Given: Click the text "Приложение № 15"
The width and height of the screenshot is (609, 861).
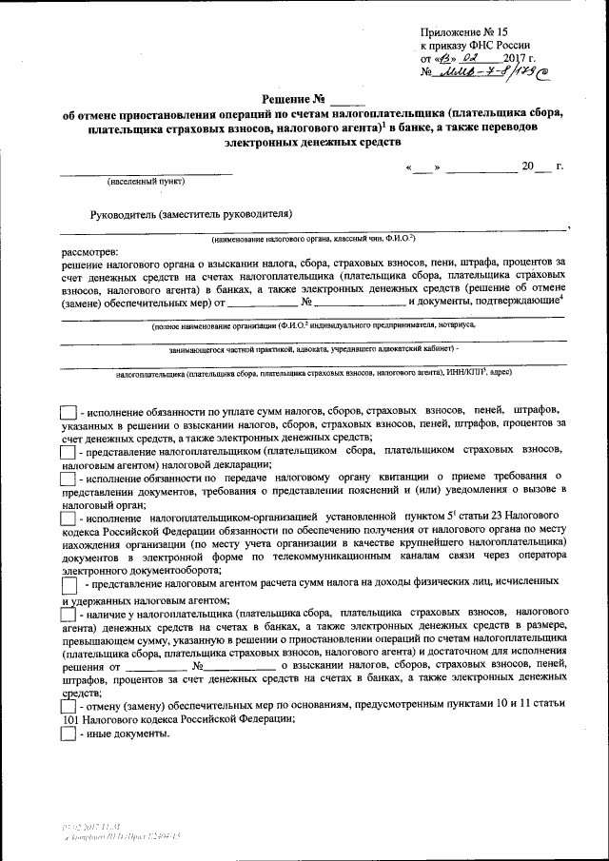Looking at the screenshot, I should click(x=463, y=31).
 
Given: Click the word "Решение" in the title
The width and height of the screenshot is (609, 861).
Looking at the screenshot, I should click(x=286, y=98).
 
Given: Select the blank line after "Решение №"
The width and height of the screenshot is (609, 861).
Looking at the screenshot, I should click(x=349, y=100).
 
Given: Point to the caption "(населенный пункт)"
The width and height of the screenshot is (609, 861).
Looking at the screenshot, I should click(x=146, y=180).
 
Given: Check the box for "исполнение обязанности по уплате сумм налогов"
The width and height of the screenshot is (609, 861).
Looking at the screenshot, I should click(x=68, y=411).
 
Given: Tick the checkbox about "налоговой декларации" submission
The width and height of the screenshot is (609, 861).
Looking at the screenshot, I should click(x=68, y=455).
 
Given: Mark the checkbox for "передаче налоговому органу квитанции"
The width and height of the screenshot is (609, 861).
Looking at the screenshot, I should click(x=68, y=477).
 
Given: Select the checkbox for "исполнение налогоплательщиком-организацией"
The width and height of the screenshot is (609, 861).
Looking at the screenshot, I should click(x=68, y=519).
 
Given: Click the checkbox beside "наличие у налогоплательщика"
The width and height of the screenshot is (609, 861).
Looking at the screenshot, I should click(x=68, y=618).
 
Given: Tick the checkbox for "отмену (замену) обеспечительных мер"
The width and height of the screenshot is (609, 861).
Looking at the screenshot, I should click(x=68, y=708).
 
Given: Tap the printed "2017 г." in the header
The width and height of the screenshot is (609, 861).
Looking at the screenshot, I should click(x=515, y=57).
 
